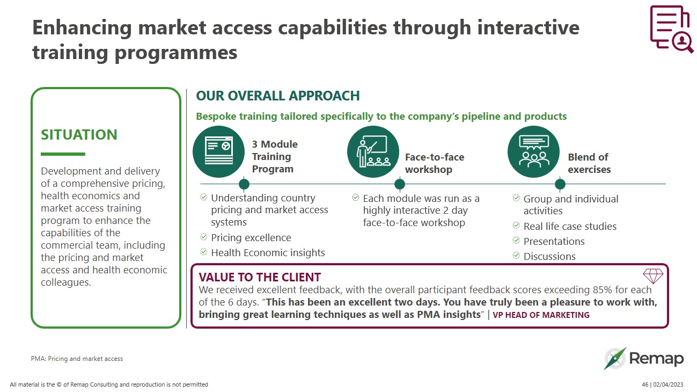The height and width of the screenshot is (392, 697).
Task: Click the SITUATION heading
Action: click(x=79, y=134)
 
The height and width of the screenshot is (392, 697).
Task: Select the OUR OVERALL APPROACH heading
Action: click(x=277, y=96)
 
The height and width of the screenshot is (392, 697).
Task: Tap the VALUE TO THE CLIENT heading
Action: click(x=260, y=277)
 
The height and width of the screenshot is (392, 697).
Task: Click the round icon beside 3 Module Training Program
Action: click(x=218, y=152)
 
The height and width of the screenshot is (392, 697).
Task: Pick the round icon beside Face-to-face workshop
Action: click(x=373, y=152)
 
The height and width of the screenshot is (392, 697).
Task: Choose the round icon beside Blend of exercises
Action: click(x=533, y=152)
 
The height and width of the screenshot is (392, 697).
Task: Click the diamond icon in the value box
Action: click(x=652, y=276)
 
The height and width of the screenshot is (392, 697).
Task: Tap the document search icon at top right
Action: click(x=671, y=29)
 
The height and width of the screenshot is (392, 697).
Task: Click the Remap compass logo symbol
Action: click(x=615, y=359)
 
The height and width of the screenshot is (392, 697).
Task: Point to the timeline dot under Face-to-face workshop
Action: click(x=399, y=184)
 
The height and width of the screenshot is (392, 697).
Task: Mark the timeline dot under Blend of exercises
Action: click(x=560, y=184)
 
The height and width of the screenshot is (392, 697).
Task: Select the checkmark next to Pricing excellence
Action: click(x=204, y=237)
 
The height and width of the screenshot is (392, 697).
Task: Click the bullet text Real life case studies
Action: click(x=570, y=227)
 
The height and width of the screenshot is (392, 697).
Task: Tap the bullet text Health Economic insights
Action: click(x=268, y=252)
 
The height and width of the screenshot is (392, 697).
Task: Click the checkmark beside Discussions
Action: click(x=516, y=256)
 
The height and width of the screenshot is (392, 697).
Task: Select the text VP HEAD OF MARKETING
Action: click(x=541, y=315)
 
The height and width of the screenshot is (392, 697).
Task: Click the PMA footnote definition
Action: click(x=77, y=359)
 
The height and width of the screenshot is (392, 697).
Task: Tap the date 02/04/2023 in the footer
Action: click(x=668, y=384)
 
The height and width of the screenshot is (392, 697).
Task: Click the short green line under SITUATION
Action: click(x=63, y=154)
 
